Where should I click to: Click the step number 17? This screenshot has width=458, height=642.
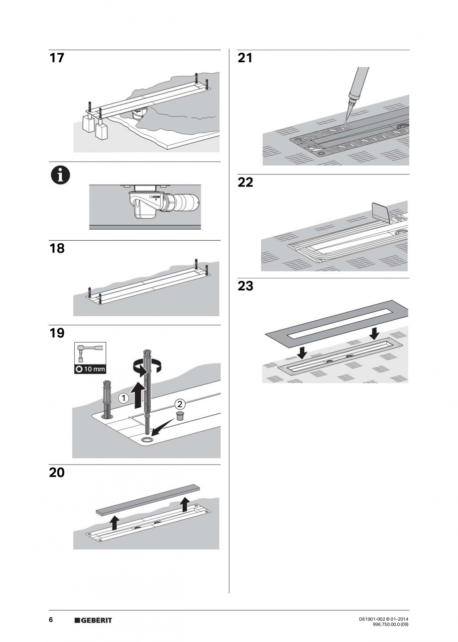[x=57, y=58]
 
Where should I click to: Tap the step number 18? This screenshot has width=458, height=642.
[x=57, y=248]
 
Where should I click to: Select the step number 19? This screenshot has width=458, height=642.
[x=57, y=333]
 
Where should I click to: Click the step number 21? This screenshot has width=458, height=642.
[x=245, y=58]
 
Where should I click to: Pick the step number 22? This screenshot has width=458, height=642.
[x=245, y=183]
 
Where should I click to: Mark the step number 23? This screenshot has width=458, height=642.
[x=245, y=286]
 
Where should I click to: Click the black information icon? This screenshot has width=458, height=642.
[x=61, y=176]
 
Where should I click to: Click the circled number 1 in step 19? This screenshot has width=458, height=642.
[x=123, y=398]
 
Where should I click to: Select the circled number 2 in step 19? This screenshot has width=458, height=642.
[x=180, y=404]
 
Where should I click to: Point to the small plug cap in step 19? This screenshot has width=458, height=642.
[x=180, y=416]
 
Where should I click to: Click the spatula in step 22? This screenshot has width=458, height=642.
[x=380, y=212]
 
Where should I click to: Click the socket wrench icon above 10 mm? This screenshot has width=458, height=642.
[x=89, y=353]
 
